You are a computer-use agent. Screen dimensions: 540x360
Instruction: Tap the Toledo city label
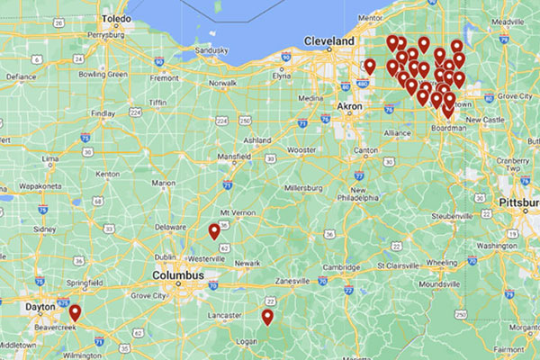pos(116,18)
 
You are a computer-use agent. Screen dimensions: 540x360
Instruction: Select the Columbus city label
pos(179,274)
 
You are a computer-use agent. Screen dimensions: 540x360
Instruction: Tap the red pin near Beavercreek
pos(76,312)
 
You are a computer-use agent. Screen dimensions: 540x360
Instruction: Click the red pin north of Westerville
pos(214,231)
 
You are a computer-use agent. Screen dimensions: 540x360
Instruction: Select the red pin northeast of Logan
pos(267,316)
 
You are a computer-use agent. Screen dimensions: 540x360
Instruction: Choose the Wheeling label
pos(442,264)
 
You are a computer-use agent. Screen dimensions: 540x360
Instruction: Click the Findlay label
pos(103,113)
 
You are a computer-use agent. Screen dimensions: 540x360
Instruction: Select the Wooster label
pos(301,149)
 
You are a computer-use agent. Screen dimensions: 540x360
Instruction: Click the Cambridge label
pos(342,266)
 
